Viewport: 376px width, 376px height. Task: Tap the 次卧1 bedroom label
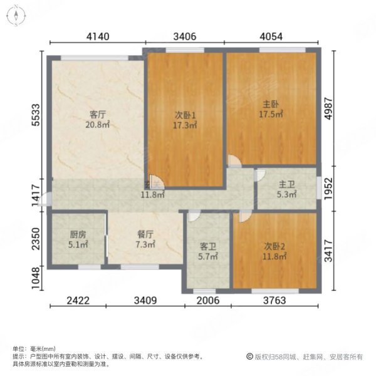185,115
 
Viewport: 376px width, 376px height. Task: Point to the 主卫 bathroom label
287,185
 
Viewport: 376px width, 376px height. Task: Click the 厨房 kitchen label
78,235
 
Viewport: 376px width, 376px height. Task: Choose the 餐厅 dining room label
145,235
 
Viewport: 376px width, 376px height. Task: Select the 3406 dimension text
185,36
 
